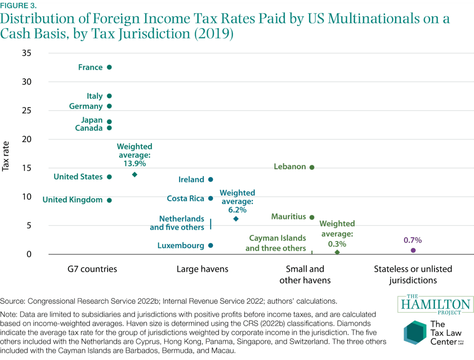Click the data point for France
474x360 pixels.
[109, 67]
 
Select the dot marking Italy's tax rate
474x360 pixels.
[109, 96]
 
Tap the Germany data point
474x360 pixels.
[109, 106]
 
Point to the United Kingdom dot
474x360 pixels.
[109, 200]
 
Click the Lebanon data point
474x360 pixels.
[312, 167]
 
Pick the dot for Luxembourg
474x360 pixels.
[211, 246]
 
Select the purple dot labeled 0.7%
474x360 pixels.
[413, 250]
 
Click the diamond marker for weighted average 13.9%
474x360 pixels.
[135, 175]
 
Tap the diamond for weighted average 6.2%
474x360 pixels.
[236, 219]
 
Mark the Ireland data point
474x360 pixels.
[211, 179]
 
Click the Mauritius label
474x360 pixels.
[289, 216]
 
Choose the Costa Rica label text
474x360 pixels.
[186, 198]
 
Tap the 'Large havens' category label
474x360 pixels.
[202, 269]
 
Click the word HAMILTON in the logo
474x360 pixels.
[435, 305]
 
